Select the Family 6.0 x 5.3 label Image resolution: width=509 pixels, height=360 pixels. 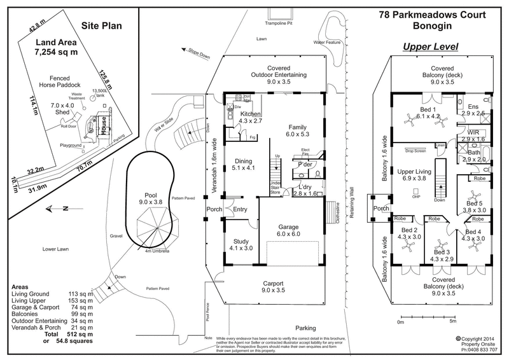coord(298,130)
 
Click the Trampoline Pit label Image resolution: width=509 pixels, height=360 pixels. coord(281,24)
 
